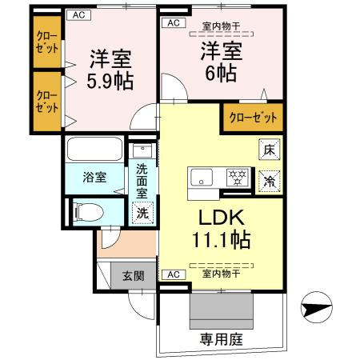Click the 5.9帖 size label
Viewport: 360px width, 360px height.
click(x=110, y=81)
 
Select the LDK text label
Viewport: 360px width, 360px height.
click(x=213, y=218)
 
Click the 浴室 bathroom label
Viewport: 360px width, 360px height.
click(x=94, y=178)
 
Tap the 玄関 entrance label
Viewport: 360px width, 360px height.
click(x=133, y=277)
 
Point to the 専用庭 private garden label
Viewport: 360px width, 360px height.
click(x=222, y=339)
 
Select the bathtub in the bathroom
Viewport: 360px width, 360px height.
click(x=94, y=150)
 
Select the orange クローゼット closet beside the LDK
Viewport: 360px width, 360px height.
click(x=252, y=118)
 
